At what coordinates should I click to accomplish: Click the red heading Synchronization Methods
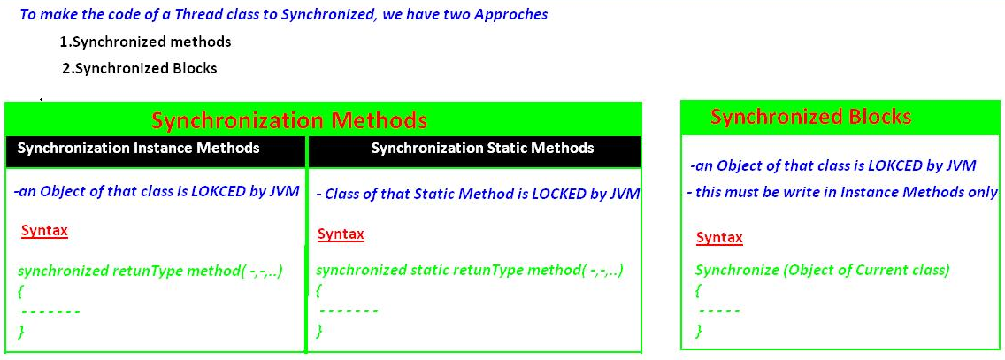[289, 120]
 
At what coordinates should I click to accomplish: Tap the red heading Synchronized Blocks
[810, 118]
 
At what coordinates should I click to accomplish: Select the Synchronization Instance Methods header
[138, 148]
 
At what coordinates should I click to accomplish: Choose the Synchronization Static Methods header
[483, 148]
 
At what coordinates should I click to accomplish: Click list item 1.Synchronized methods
[145, 42]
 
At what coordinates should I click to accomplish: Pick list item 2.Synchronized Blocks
[140, 68]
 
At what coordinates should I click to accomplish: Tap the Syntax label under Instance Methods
[44, 231]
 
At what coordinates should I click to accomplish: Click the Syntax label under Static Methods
[341, 234]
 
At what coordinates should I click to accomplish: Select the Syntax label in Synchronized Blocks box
[719, 238]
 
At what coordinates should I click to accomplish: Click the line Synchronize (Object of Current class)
[823, 271]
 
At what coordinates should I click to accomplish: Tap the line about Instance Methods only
[846, 192]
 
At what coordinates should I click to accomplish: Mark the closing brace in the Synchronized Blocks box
[699, 331]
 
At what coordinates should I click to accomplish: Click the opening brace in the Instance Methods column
[21, 292]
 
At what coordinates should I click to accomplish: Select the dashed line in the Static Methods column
[349, 312]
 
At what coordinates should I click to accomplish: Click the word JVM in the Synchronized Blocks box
[962, 166]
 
